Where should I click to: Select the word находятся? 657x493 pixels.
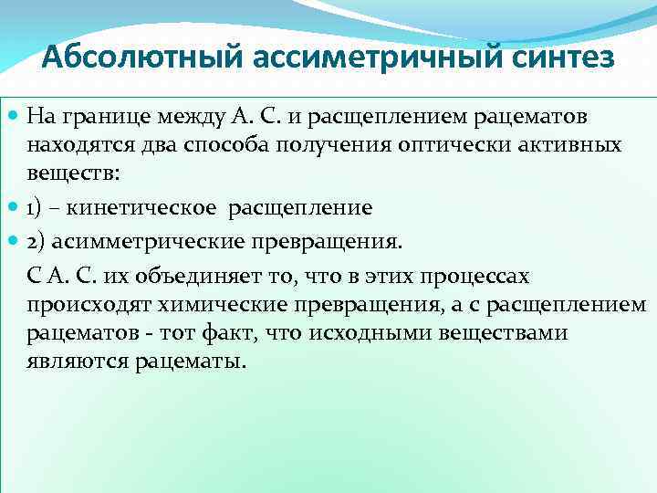pyautogui.click(x=74, y=145)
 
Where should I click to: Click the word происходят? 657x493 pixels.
pyautogui.click(x=79, y=304)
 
